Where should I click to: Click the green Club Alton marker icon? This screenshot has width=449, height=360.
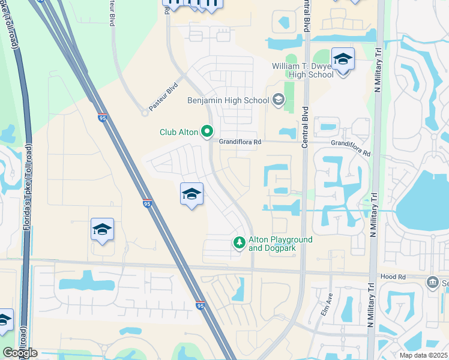pyautogui.click(x=207, y=131)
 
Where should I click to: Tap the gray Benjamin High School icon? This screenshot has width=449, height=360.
pyautogui.click(x=278, y=100)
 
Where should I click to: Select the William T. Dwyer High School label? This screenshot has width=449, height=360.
pyautogui.click(x=303, y=70)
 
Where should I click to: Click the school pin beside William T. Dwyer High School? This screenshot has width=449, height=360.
pyautogui.click(x=343, y=60)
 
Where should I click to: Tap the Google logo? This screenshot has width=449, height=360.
pyautogui.click(x=20, y=353)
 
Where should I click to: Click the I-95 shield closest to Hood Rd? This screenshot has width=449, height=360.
pyautogui.click(x=201, y=305)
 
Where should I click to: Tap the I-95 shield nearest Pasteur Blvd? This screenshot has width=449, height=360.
pyautogui.click(x=103, y=118)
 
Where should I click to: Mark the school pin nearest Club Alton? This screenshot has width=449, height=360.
pyautogui.click(x=191, y=194)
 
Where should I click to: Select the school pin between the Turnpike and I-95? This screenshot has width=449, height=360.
pyautogui.click(x=102, y=230)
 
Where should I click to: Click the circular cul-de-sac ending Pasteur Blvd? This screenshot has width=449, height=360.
pyautogui.click(x=145, y=112)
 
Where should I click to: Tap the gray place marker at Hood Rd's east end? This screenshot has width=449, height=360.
pyautogui.click(x=432, y=282)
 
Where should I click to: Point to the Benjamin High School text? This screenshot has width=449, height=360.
pyautogui.click(x=228, y=100)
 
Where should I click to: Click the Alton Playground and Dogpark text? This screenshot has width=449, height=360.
pyautogui.click(x=280, y=244)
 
